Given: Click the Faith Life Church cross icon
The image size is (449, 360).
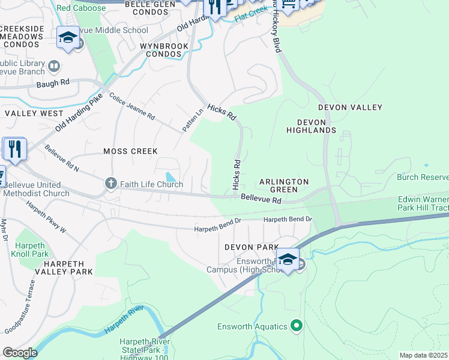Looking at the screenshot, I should [110, 184].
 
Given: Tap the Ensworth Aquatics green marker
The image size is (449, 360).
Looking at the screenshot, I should [296, 326].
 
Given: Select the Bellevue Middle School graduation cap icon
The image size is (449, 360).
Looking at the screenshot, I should [68, 38].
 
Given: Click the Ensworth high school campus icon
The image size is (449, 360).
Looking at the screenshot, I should [288, 260].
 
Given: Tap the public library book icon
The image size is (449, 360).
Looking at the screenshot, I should [54, 66].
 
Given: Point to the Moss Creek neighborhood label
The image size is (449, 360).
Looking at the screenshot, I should [130, 152].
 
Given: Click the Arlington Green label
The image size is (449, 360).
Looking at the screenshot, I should [284, 185].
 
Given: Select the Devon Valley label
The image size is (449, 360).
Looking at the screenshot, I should [350, 107].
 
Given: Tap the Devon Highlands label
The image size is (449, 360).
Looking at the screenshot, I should [311, 125].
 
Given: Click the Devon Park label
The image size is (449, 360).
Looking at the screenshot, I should [252, 247].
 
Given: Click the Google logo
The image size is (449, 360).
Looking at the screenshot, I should [20, 353].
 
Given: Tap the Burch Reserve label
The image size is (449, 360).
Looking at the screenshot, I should [422, 177].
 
